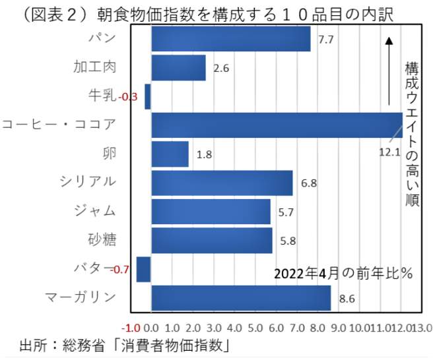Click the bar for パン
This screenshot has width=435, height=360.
point(231,39)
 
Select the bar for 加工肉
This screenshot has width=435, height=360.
point(178,68)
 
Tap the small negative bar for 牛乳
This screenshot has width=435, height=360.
point(148,96)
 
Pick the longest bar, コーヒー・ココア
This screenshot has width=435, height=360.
point(277,125)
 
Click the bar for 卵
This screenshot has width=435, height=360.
point(170,154)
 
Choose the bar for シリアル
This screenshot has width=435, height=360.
point(222,183)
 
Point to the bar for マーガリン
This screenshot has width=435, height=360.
point(241,298)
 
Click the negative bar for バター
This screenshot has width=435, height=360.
point(143,269)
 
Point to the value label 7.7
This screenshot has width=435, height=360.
point(325,40)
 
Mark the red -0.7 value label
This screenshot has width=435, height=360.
point(121,270)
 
